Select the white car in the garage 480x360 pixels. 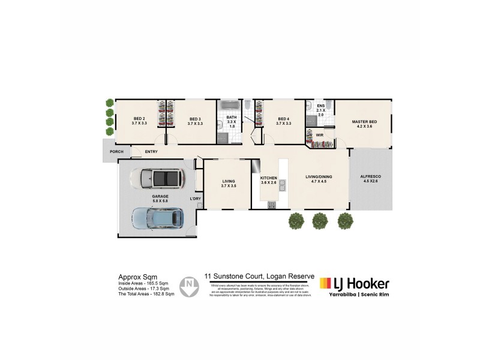pyautogui.click(x=161, y=178)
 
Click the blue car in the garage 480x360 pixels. pyautogui.click(x=158, y=219)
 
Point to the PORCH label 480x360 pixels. pyautogui.click(x=116, y=152)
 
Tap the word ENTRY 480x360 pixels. pyautogui.click(x=151, y=152)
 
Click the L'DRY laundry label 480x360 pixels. pyautogui.click(x=194, y=198)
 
